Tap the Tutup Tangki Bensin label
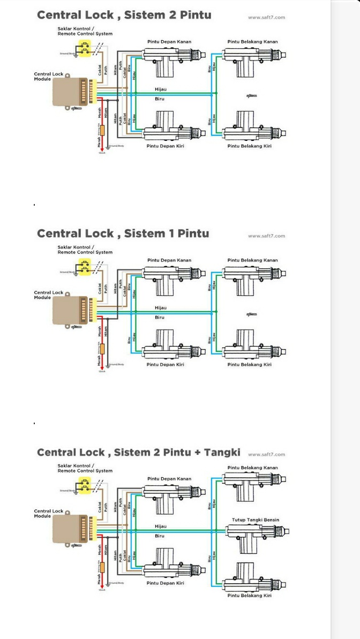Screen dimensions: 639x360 [x=255, y=520]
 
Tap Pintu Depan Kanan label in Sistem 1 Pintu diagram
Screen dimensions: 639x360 [x=169, y=260]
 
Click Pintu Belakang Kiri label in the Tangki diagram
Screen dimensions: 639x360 [x=249, y=595]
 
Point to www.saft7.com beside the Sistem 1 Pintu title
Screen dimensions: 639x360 [x=266, y=236]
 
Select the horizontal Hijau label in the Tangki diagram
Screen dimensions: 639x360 [x=160, y=527]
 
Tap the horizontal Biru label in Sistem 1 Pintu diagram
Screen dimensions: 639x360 [x=160, y=318]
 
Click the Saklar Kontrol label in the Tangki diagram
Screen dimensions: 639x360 [x=76, y=466]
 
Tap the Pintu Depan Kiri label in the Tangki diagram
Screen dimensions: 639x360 [x=165, y=583]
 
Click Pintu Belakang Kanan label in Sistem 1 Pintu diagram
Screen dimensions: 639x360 [x=252, y=260]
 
